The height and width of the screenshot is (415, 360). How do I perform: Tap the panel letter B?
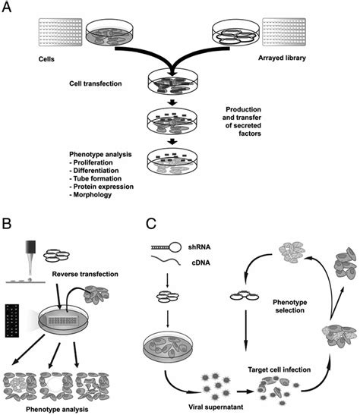pos(7,223)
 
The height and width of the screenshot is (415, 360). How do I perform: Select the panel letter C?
pos(151,223)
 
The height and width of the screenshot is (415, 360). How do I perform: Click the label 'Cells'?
pos(46,58)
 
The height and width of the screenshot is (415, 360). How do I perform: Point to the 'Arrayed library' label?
pos(282,58)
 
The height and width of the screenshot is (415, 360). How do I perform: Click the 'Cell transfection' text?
pos(96,83)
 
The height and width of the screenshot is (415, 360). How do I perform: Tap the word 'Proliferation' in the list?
pos(93,162)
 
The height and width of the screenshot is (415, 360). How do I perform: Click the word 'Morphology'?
pos(93,195)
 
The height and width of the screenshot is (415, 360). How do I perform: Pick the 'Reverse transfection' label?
pos(85,274)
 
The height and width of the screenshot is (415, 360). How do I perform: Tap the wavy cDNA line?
pos(166,259)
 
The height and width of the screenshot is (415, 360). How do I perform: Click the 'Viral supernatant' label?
pos(216,407)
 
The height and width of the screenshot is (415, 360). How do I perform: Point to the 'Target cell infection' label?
pos(279,369)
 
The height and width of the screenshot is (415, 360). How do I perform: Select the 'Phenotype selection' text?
pos(290,306)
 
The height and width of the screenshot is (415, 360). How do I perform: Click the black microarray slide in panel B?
pos(12,321)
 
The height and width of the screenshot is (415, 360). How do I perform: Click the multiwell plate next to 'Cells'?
pos(61,32)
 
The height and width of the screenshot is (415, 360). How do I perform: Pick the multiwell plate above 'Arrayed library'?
pos(284,32)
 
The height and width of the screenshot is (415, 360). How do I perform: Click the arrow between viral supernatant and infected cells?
pos(245,391)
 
